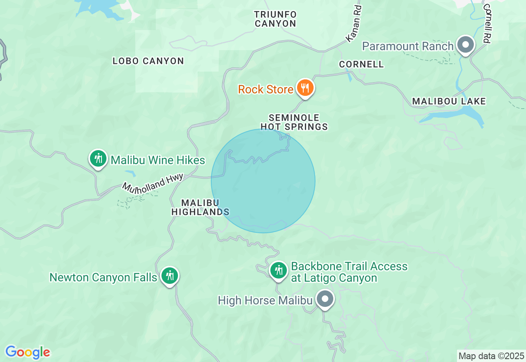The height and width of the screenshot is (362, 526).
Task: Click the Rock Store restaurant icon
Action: coord(305,88)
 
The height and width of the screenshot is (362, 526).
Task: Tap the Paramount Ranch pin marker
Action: coord(466,45)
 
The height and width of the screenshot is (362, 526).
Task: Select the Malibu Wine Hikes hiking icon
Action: coord(98,159)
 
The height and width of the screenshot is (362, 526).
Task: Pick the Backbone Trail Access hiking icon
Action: coord(279,271)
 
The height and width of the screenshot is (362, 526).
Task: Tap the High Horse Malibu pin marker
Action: coord(325,299)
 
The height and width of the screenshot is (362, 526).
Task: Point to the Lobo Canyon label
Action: coord(148,61)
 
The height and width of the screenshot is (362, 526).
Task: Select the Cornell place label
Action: coord(361,64)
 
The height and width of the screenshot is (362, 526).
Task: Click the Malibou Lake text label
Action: coord(449,101)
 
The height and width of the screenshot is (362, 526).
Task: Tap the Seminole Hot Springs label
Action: coord(294,123)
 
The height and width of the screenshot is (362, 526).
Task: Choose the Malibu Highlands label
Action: coord(200,207)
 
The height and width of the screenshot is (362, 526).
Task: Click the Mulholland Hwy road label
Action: coord(152,183)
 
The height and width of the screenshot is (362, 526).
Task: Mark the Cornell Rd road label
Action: coord(487,23)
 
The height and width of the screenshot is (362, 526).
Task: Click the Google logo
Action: coord(28,352)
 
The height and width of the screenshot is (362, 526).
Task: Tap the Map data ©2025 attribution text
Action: coord(491,356)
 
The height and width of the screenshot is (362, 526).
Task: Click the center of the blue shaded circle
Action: coord(263,181)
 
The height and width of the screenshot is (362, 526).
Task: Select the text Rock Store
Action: coord(265,89)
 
